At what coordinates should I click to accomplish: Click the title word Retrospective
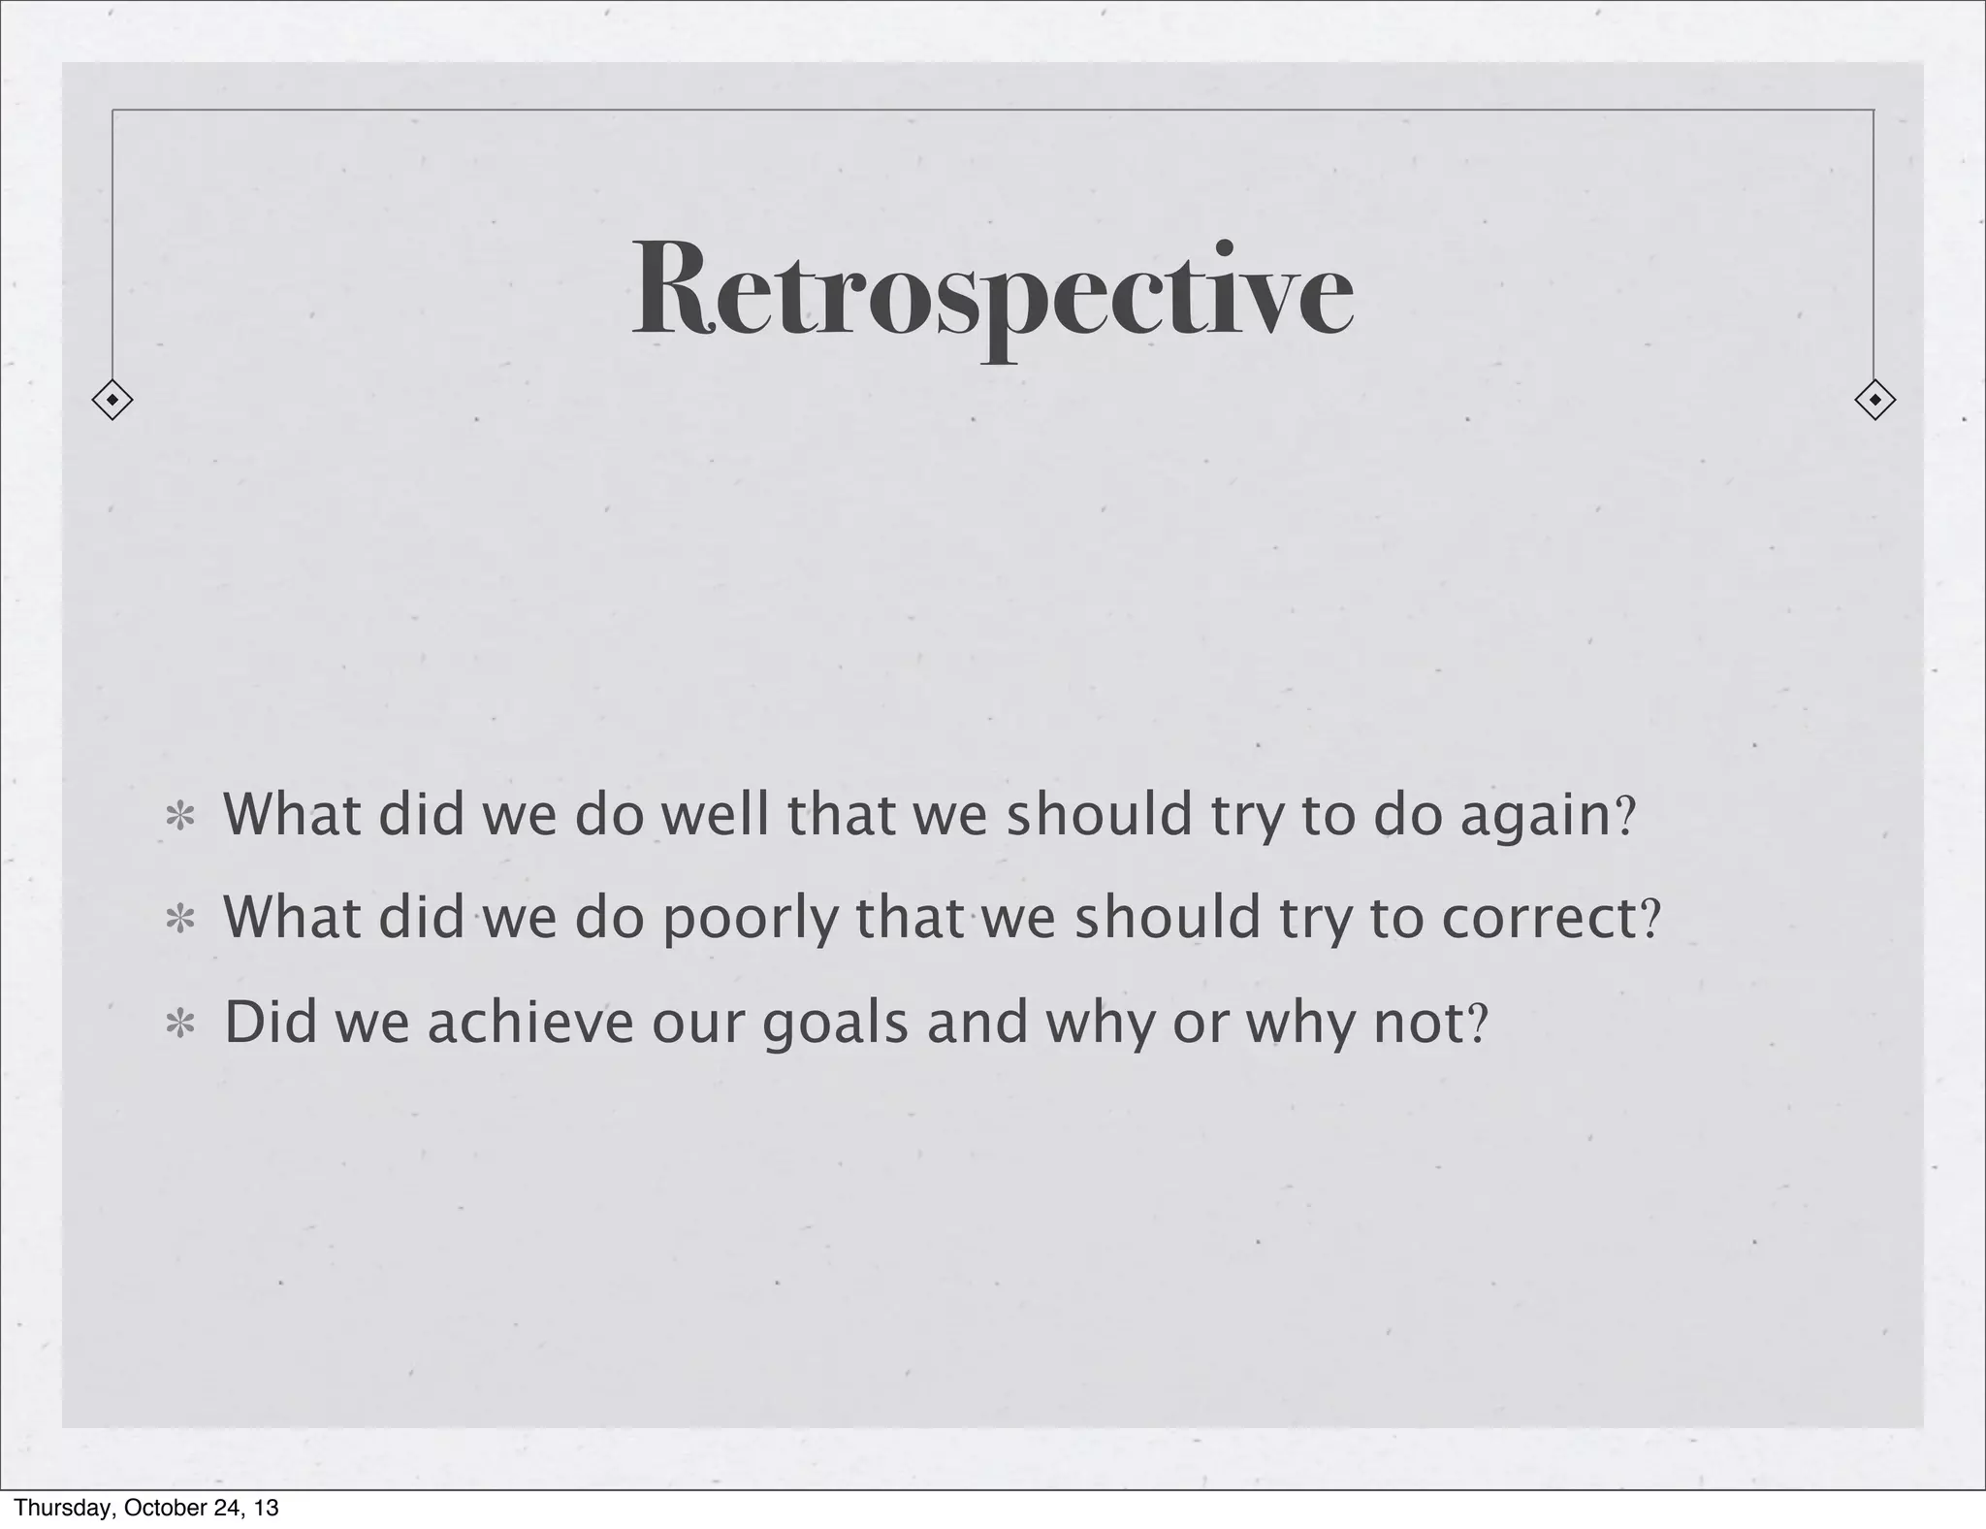[x=992, y=290]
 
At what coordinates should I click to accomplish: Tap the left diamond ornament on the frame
[x=112, y=400]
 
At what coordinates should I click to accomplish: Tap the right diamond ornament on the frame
[x=1874, y=400]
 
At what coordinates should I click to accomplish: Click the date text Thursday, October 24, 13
[x=146, y=1508]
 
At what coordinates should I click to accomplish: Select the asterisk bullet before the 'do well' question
[x=179, y=818]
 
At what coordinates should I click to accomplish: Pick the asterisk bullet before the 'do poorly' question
[x=179, y=920]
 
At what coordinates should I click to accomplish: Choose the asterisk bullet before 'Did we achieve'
[x=179, y=1025]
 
